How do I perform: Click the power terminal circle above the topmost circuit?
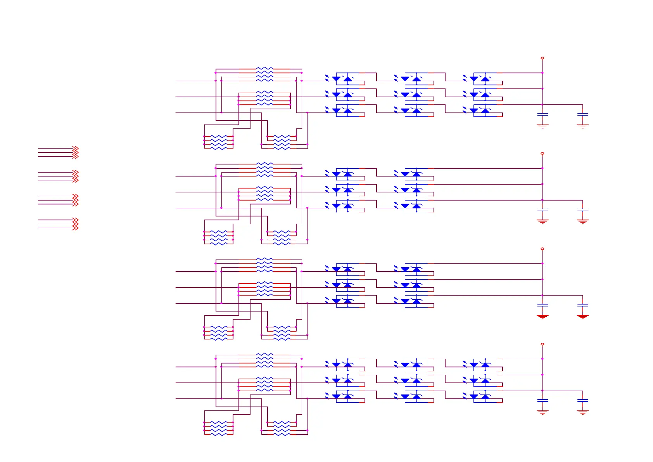tap(542, 58)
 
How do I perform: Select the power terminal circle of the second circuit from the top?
tap(542, 154)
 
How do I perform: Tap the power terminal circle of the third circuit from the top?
tap(542, 249)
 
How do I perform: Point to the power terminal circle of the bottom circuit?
tap(542, 344)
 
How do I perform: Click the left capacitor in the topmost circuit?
tap(542, 114)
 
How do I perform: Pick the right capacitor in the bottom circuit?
tap(582, 400)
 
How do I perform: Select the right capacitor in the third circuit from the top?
tap(582, 305)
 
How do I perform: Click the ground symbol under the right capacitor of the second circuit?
tap(582, 221)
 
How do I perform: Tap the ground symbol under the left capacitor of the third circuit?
tap(542, 317)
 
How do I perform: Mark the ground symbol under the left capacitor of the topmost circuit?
tap(542, 126)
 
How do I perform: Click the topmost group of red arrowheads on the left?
tap(75, 152)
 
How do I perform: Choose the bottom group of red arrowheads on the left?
tap(75, 224)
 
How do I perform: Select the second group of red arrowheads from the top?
tap(75, 176)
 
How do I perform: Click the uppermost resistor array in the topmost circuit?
tap(264, 74)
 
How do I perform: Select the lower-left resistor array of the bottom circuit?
tap(219, 428)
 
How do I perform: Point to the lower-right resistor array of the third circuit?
tap(282, 333)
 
